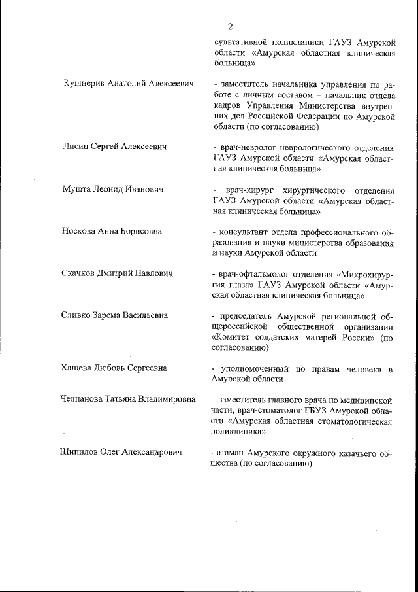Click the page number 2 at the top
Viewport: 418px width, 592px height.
231,26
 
